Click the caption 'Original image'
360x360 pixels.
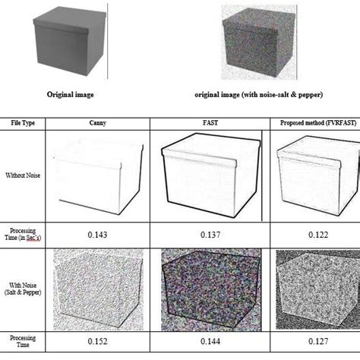coord(71,96)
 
